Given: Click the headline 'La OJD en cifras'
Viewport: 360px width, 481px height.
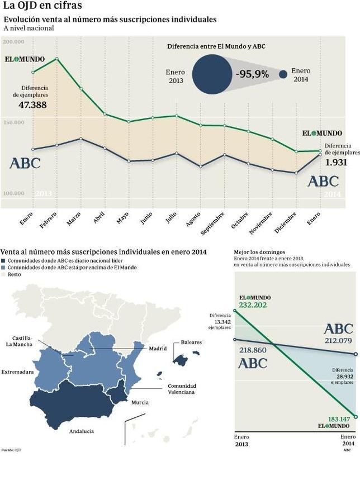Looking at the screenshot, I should coord(42,6).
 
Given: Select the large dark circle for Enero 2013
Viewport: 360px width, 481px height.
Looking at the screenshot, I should coord(212,75).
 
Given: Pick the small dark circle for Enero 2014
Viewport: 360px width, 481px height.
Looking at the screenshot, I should coord(283,74).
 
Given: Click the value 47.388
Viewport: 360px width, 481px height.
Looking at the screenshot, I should coord(32,104).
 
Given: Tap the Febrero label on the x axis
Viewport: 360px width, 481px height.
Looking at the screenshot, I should coord(49,219).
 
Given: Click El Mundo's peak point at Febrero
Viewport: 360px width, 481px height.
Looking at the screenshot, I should coord(56,59).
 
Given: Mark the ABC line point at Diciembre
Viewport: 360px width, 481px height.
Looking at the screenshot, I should coord(296,173).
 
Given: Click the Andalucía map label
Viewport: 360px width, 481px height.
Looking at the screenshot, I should coord(82,431).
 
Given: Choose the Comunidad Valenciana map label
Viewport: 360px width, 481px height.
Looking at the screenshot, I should coord(181,389).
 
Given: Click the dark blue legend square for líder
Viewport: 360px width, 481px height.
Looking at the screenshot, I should coord(4,261).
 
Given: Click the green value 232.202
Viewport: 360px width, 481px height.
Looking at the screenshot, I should coord(253,305).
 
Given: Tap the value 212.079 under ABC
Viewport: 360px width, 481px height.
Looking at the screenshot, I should coord(338,341).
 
